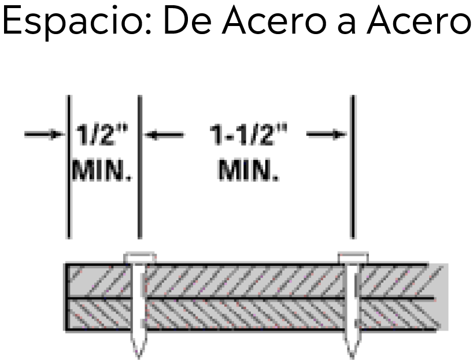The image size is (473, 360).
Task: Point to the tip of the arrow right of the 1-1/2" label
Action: click(348, 134)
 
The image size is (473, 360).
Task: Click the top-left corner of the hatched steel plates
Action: click(66, 265)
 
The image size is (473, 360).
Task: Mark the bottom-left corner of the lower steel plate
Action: click(66, 329)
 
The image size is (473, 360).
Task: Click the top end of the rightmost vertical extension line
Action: click(353, 96)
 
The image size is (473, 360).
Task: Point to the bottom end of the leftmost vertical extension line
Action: click(69, 238)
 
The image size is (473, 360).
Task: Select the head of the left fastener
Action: click(140, 258)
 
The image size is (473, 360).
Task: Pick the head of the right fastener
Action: click(353, 258)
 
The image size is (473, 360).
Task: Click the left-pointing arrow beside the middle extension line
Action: click(164, 135)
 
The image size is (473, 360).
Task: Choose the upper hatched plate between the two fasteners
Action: click(245, 281)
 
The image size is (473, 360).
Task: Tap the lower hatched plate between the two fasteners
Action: click(245, 314)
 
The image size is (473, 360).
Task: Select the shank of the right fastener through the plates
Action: click(353, 297)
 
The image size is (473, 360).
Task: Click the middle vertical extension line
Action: click(140, 167)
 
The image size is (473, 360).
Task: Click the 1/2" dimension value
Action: click(102, 135)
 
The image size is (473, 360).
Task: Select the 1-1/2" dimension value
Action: click(249, 135)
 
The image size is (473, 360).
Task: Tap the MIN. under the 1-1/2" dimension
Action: click(249, 170)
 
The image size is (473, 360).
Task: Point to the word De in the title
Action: click(187, 20)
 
